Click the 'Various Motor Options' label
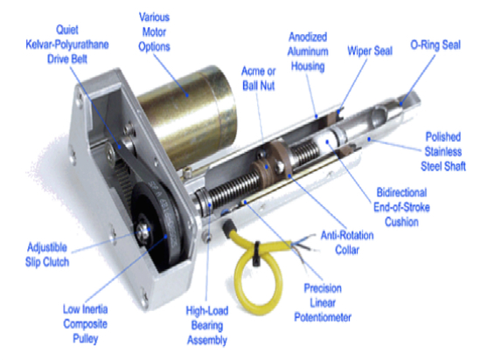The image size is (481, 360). click(154, 31)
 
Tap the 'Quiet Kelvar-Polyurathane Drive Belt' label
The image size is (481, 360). click(67, 45)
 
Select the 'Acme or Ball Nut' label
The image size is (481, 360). click(258, 79)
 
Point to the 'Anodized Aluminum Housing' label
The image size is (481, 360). click(308, 52)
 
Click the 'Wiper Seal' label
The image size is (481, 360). click(370, 51)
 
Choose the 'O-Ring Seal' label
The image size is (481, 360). click(436, 45)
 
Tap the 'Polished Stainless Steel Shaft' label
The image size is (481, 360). click(443, 151)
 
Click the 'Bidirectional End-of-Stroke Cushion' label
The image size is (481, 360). click(401, 207)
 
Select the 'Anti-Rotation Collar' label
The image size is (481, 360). click(347, 243)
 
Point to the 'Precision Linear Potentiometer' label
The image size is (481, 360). click(323, 302)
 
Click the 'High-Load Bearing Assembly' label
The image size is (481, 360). click(207, 325)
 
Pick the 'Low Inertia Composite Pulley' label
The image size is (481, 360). click(86, 324)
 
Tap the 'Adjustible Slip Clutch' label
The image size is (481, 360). click(47, 254)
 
